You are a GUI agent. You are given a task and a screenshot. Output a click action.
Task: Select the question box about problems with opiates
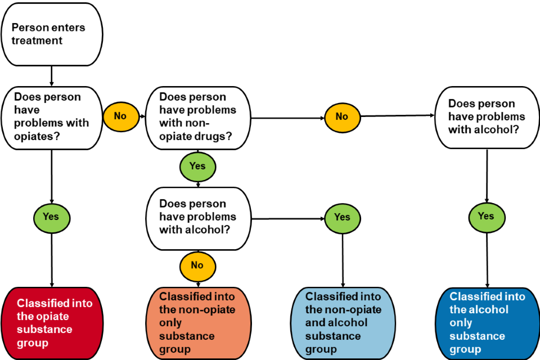[51, 118]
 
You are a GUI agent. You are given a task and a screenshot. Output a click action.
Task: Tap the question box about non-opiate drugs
[197, 118]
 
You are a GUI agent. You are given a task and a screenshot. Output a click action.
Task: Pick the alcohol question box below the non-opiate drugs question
[197, 218]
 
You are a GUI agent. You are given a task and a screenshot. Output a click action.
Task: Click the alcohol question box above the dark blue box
[487, 118]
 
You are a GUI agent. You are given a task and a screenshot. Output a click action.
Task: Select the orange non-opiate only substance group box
[197, 323]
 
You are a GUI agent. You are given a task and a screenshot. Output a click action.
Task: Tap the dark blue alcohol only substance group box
[487, 323]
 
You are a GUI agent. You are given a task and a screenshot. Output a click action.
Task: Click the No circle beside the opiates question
[120, 116]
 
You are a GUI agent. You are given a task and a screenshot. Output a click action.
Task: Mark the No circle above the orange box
[197, 265]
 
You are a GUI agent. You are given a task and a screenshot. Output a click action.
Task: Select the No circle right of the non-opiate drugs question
[342, 116]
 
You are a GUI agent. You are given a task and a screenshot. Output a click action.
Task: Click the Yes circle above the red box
[52, 217]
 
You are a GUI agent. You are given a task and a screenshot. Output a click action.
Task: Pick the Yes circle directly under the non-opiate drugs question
[197, 166]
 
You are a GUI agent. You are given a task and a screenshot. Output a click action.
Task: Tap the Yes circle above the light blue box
[342, 217]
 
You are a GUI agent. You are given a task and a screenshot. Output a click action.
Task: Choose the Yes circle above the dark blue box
[487, 216]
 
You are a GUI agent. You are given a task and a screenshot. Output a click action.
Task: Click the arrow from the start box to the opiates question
[52, 75]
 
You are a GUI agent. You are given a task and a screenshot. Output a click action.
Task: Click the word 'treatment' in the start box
[37, 41]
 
